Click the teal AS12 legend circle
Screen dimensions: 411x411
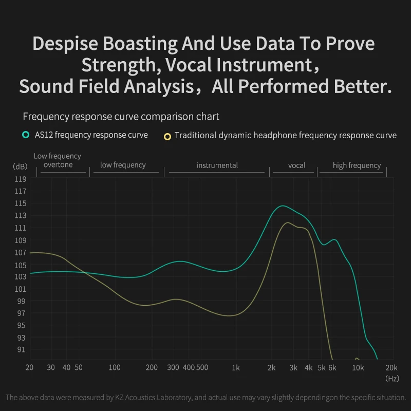tap(25, 135)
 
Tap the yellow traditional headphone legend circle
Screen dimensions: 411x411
tap(167, 136)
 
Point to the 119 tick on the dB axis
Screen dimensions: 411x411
tap(21, 179)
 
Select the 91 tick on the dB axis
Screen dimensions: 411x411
tap(21, 349)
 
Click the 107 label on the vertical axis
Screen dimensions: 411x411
tap(21, 252)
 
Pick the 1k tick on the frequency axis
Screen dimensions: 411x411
tap(236, 368)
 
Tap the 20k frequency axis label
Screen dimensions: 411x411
tap(392, 368)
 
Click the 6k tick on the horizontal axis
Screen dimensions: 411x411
tap(332, 368)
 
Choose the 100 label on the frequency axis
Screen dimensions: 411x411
tap(115, 368)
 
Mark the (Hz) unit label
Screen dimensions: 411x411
tap(392, 378)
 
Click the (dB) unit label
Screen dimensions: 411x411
tap(21, 166)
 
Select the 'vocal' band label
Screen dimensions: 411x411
tap(296, 165)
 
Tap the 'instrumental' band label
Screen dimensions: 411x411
tap(217, 165)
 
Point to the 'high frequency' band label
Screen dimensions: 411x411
tap(357, 165)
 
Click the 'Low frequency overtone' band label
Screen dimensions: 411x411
tap(58, 160)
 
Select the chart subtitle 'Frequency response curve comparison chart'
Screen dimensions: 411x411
tap(121, 117)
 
